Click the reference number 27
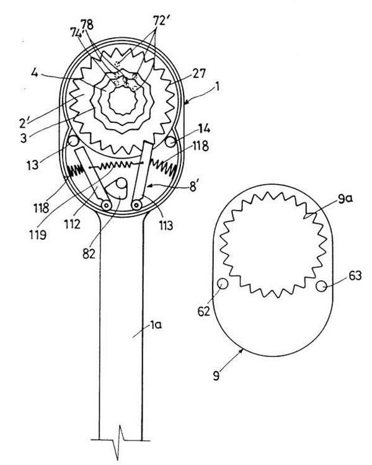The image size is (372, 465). (x=198, y=73)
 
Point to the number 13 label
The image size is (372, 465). (x=33, y=164)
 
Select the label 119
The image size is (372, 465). (x=38, y=235)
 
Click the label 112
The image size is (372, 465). (x=71, y=224)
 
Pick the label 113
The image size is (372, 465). (x=166, y=226)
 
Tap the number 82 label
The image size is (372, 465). (x=89, y=254)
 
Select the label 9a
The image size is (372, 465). (x=345, y=199)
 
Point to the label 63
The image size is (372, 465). (x=355, y=276)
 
